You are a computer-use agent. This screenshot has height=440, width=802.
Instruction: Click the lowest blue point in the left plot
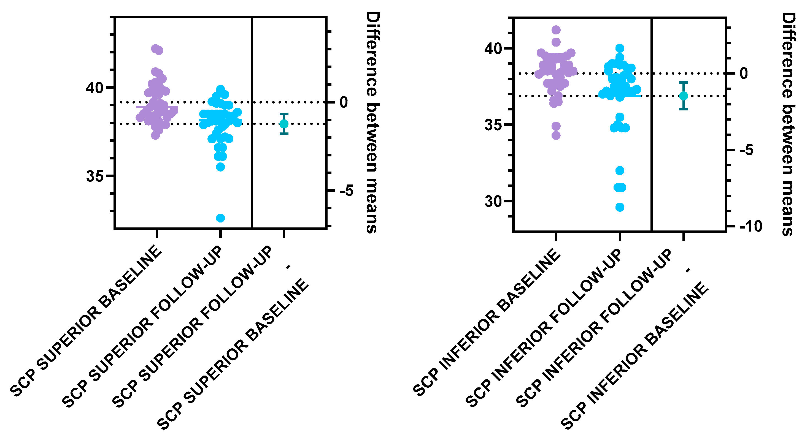(x=220, y=218)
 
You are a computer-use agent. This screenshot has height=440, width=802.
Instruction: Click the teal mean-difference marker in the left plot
(x=283, y=124)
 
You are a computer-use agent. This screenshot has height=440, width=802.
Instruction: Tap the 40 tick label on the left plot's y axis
(x=94, y=88)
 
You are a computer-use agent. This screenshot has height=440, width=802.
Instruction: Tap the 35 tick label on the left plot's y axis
(x=94, y=176)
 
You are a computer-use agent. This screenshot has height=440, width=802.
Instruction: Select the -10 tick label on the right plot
(x=751, y=227)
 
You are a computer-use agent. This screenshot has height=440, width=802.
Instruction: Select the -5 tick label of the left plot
(x=347, y=191)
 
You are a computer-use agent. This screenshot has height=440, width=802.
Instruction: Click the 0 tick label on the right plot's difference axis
(x=744, y=74)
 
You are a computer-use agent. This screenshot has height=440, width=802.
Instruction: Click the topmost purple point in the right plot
(x=556, y=30)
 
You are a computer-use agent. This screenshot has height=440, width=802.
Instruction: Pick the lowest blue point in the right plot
(x=620, y=207)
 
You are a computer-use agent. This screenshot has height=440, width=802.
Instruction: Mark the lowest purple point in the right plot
(x=556, y=135)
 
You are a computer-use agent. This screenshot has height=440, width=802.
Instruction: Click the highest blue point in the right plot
(x=620, y=48)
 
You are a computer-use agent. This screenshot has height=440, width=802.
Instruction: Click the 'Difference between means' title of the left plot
(x=372, y=122)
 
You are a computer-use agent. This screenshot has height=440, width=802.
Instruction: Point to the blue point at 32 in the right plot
(x=620, y=170)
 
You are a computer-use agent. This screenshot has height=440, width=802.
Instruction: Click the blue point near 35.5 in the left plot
(x=220, y=167)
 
